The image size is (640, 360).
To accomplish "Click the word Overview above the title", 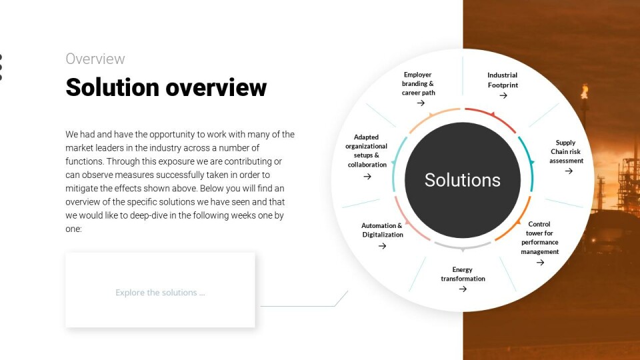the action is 95,59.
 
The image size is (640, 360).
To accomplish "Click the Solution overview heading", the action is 166,87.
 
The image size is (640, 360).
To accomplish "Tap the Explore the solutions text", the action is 160,292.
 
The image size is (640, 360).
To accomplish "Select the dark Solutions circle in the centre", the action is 463,180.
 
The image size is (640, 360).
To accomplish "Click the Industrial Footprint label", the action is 503,80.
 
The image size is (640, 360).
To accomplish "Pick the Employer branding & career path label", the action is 418,84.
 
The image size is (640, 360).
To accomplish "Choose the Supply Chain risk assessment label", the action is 566,151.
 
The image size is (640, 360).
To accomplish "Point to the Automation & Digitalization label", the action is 382,230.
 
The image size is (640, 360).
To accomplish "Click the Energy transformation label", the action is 463,274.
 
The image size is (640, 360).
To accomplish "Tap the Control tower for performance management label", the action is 539,237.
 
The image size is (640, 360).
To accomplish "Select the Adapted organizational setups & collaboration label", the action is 367,151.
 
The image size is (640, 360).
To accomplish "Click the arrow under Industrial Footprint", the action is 503,95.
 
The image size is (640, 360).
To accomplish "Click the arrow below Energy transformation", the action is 463,289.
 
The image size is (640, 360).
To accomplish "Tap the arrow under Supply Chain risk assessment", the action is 569,171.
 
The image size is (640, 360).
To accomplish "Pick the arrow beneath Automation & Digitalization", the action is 382,246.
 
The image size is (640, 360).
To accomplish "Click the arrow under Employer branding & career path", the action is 421,103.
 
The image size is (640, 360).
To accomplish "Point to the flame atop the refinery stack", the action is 585,91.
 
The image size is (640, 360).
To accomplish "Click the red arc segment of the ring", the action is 493,115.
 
